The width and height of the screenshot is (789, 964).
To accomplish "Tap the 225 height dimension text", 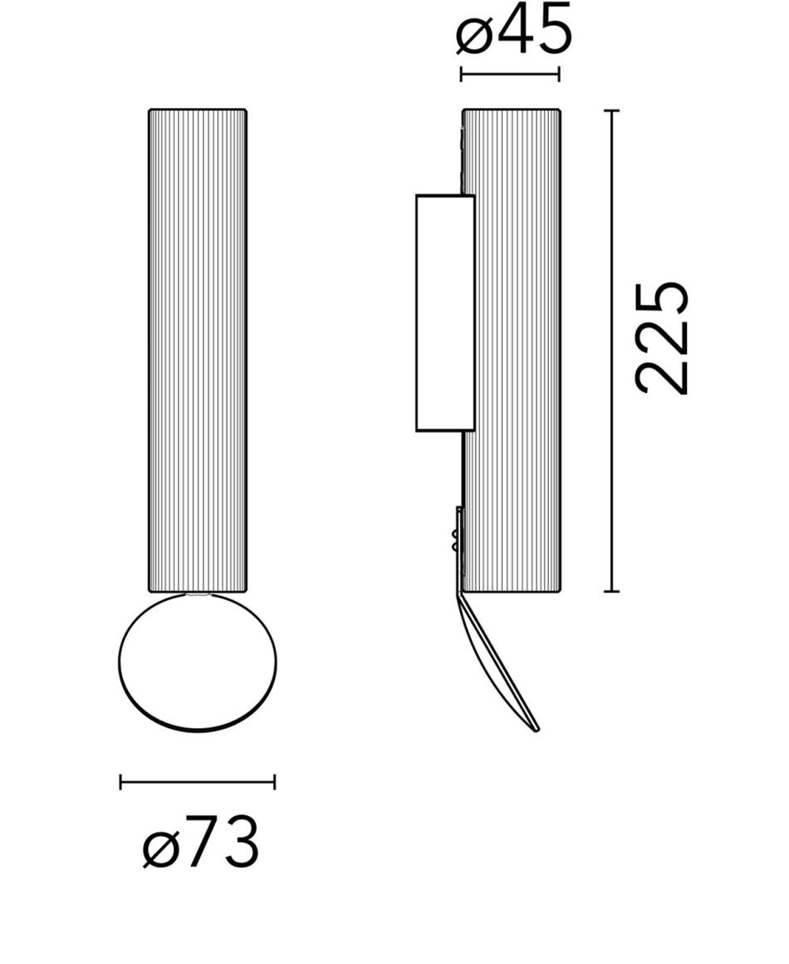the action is (x=661, y=338).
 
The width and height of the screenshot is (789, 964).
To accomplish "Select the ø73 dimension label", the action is (x=201, y=843).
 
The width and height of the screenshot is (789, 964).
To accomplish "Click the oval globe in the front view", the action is (x=198, y=662).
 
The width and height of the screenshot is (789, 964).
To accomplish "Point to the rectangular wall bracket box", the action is (x=445, y=313).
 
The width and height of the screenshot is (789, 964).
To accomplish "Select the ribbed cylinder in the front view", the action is (x=198, y=351).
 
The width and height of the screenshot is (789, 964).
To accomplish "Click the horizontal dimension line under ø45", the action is (x=510, y=75).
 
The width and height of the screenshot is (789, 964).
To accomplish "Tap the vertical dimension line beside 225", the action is (x=610, y=351).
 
